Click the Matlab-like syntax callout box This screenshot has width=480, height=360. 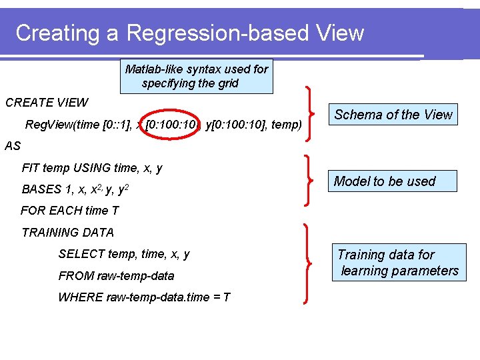[196, 76]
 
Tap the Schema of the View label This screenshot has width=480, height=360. [393, 115]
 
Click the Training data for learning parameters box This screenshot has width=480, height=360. [399, 263]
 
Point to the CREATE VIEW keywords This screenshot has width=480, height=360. [47, 103]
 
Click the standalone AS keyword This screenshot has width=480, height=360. [13, 147]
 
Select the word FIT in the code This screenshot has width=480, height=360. [31, 169]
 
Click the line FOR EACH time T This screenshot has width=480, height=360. [70, 211]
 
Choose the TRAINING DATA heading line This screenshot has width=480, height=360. [68, 233]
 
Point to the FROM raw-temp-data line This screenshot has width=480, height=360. [116, 275]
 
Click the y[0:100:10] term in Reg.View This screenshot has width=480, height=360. [236, 125]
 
